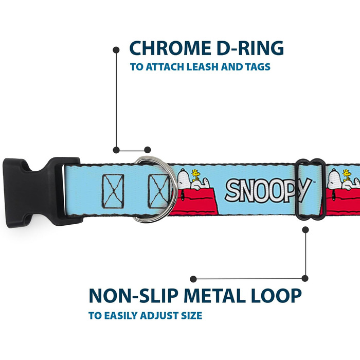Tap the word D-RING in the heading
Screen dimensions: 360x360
[x=251, y=48]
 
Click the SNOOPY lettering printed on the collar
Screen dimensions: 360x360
[x=268, y=190]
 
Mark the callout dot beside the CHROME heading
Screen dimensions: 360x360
[x=116, y=49]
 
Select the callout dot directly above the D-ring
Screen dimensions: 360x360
[x=147, y=150]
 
